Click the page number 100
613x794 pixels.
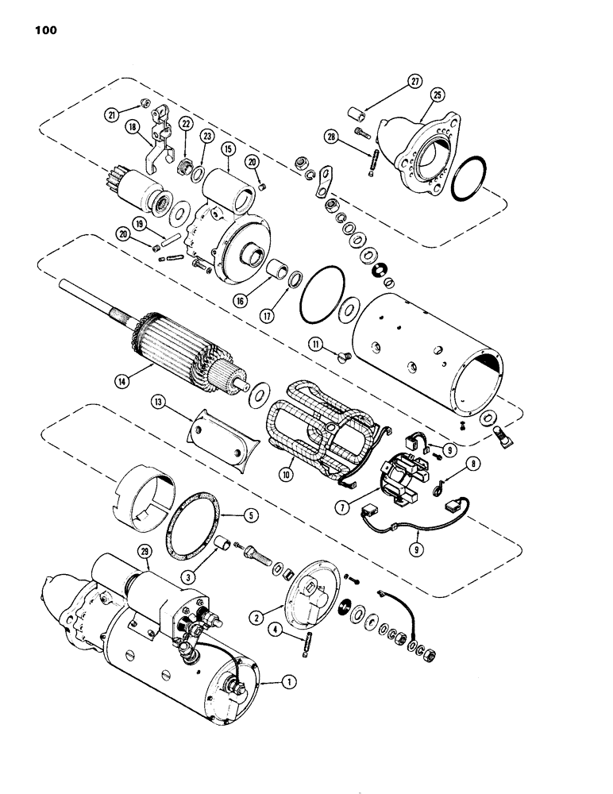[x=45, y=32]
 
